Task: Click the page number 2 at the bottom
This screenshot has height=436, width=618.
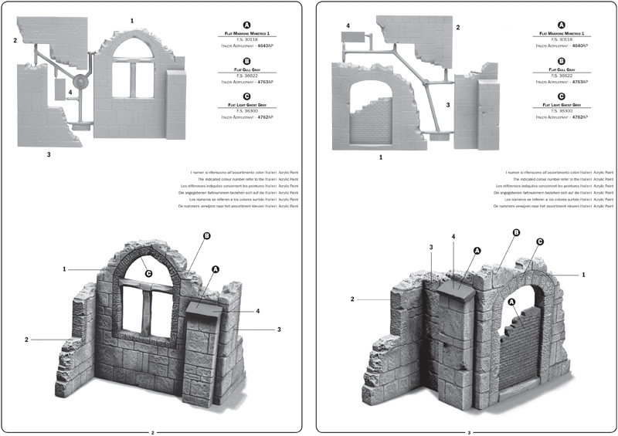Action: pos(153,432)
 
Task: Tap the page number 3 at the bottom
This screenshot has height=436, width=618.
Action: pos(469,432)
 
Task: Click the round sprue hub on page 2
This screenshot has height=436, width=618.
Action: pos(79,83)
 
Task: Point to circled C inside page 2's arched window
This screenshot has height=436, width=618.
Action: pos(148,272)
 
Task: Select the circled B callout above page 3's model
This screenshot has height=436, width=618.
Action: pos(517,232)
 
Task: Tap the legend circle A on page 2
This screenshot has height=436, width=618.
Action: pos(246,24)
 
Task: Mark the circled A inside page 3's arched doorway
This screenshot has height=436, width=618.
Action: pos(511,301)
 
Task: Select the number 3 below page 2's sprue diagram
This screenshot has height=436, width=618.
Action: pos(49,154)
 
